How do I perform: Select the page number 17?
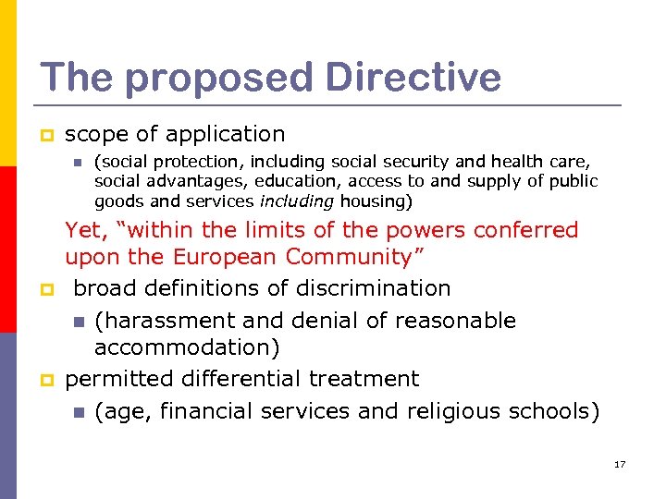click(x=620, y=464)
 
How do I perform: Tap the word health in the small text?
click(x=506, y=162)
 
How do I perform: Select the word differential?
click(x=240, y=379)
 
